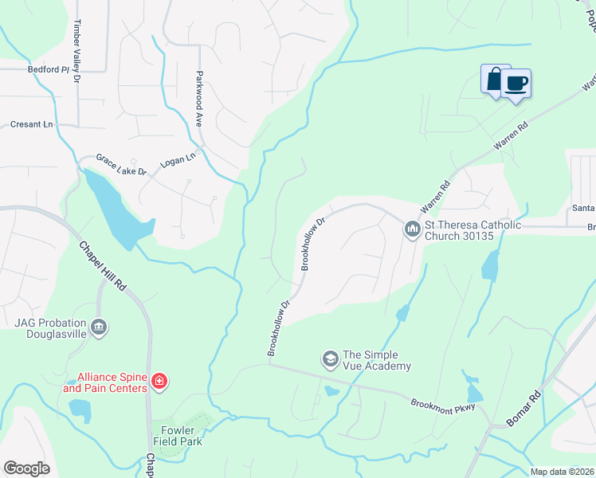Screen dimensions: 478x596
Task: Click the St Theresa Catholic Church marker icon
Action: tap(412, 229)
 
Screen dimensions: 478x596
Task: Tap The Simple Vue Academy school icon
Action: tap(330, 360)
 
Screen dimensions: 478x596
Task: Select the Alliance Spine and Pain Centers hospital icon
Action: tap(159, 382)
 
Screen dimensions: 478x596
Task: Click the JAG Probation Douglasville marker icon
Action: tap(99, 327)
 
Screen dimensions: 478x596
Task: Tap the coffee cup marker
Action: tap(516, 84)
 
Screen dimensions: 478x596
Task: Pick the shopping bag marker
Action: tap(495, 80)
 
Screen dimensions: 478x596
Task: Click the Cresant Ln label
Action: tap(31, 124)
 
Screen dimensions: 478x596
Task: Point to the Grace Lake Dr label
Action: tap(121, 165)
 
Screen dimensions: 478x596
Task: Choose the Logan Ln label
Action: tap(178, 159)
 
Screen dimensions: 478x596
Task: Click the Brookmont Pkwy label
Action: tap(442, 406)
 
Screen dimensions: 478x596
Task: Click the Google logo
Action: tap(26, 468)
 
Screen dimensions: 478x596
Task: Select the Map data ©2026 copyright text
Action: tap(562, 472)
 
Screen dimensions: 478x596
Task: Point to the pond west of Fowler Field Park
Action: tap(80, 409)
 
